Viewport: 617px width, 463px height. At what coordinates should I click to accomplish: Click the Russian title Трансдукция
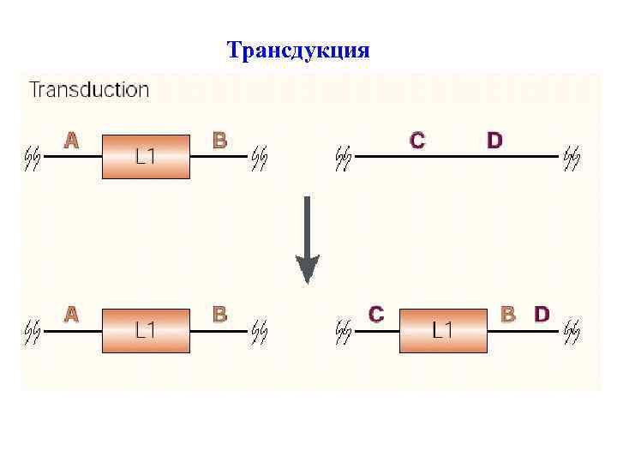pyautogui.click(x=298, y=51)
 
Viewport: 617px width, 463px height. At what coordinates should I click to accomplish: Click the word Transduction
pyautogui.click(x=89, y=89)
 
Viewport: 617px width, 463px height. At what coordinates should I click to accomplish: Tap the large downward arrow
pyautogui.click(x=307, y=241)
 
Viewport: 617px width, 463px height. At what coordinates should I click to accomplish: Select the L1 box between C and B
pyautogui.click(x=442, y=329)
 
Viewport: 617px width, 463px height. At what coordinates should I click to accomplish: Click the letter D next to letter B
pyautogui.click(x=542, y=315)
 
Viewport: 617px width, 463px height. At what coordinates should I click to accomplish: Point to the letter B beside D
pyautogui.click(x=508, y=315)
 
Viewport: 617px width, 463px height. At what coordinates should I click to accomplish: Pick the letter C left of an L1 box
pyautogui.click(x=375, y=315)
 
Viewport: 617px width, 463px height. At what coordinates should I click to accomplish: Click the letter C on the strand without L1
pyautogui.click(x=417, y=140)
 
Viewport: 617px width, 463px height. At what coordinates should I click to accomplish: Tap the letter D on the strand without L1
pyautogui.click(x=494, y=140)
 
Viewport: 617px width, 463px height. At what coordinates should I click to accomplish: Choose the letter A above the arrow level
pyautogui.click(x=71, y=140)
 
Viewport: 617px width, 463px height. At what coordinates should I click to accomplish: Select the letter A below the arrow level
pyautogui.click(x=71, y=315)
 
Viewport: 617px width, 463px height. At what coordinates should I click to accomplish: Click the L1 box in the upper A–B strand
pyautogui.click(x=146, y=156)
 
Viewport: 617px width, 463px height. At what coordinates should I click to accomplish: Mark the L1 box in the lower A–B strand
pyautogui.click(x=146, y=329)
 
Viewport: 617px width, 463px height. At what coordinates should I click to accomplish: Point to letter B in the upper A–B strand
pyautogui.click(x=219, y=140)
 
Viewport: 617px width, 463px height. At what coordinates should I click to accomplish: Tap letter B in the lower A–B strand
pyautogui.click(x=219, y=315)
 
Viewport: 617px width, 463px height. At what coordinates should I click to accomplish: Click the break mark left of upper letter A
pyautogui.click(x=33, y=157)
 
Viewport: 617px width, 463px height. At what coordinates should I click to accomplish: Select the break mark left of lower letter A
pyautogui.click(x=33, y=329)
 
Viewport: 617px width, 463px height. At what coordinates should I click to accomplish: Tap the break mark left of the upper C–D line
pyautogui.click(x=344, y=157)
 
